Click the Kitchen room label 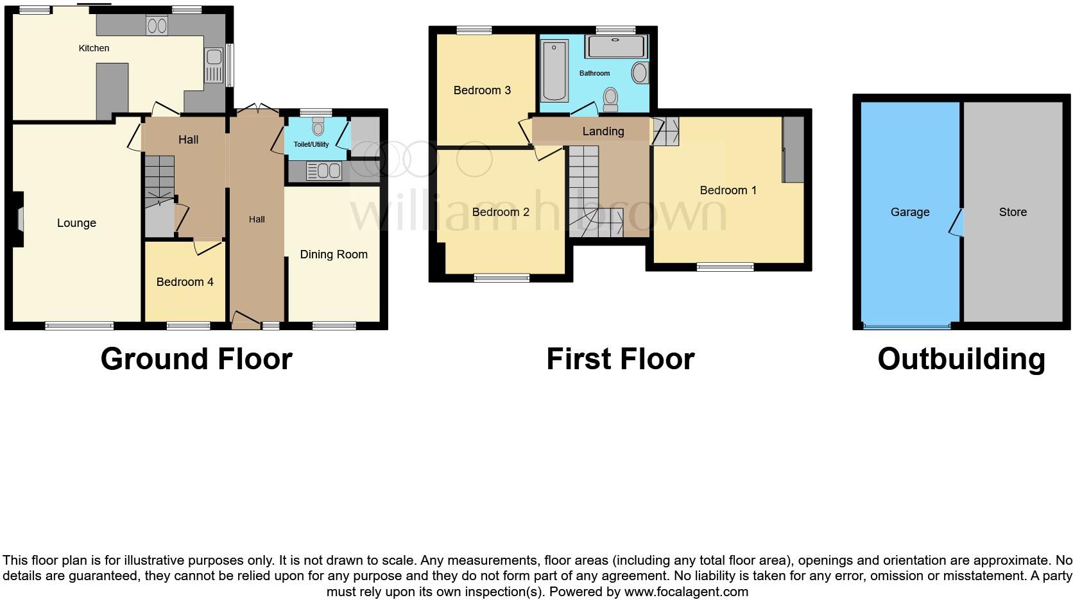94,48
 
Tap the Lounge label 76,223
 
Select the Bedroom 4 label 185,282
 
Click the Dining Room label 334,254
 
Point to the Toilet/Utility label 311,144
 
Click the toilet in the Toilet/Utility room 318,126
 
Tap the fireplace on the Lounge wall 20,219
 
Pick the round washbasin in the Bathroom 640,73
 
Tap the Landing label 603,131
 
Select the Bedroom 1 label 728,190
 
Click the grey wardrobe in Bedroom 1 794,149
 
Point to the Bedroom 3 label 482,90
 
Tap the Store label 1013,212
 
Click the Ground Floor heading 196,359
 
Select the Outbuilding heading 961,359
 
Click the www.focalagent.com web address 686,592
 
